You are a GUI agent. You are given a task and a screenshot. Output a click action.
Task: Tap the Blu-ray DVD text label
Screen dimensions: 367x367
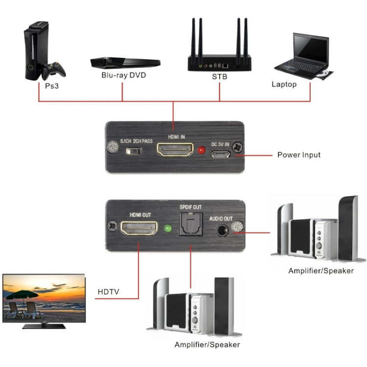tap(123, 75)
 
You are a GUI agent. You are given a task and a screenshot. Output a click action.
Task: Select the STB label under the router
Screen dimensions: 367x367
tap(219, 76)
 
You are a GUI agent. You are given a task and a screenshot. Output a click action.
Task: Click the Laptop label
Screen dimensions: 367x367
tap(284, 84)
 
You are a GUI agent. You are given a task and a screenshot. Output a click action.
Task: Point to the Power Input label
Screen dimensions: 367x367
tap(299, 155)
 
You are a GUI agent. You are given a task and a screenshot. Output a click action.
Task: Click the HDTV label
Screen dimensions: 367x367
tap(108, 292)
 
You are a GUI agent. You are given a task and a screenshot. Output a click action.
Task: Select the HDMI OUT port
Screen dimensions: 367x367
tap(139, 229)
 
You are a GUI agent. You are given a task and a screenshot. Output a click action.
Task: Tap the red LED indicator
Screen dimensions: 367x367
tap(200, 150)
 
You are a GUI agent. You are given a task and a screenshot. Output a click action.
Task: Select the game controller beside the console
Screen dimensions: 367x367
tap(53, 70)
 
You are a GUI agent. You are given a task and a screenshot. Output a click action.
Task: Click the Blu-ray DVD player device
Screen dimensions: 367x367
tap(125, 62)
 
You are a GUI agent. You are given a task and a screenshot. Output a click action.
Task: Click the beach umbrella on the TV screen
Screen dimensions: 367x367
tap(23, 295)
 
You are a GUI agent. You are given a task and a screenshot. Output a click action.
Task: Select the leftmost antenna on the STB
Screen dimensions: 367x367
tap(194, 37)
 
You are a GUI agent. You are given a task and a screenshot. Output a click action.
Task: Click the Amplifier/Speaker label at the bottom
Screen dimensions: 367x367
tap(207, 344)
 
